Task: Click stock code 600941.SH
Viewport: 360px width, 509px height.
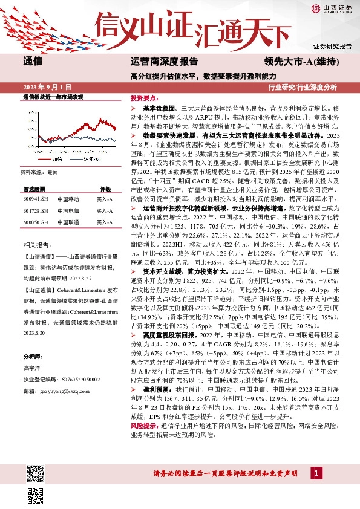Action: (x=35, y=199)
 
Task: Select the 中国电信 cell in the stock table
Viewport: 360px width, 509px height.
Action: (x=68, y=211)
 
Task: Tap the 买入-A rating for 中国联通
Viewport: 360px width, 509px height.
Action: (x=105, y=223)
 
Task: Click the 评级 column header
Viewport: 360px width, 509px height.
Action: (x=105, y=189)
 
